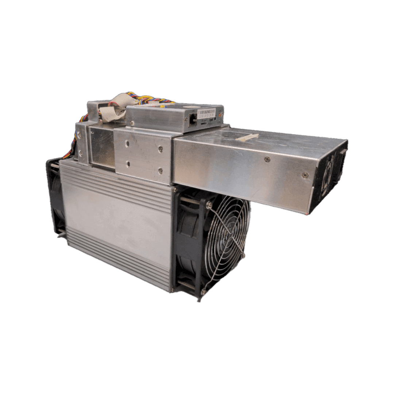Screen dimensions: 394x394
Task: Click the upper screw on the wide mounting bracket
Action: click(161, 148)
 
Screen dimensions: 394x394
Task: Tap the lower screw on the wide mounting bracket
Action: click(160, 170)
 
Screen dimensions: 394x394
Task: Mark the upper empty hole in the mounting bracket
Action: click(127, 144)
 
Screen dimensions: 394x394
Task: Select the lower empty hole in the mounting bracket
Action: click(128, 164)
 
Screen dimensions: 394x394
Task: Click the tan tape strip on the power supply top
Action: click(247, 137)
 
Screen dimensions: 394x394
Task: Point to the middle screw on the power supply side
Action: click(267, 159)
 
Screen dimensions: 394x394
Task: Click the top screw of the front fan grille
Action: click(209, 205)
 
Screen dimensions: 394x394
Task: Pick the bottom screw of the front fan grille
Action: click(203, 292)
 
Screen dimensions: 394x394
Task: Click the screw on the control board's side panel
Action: click(132, 123)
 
